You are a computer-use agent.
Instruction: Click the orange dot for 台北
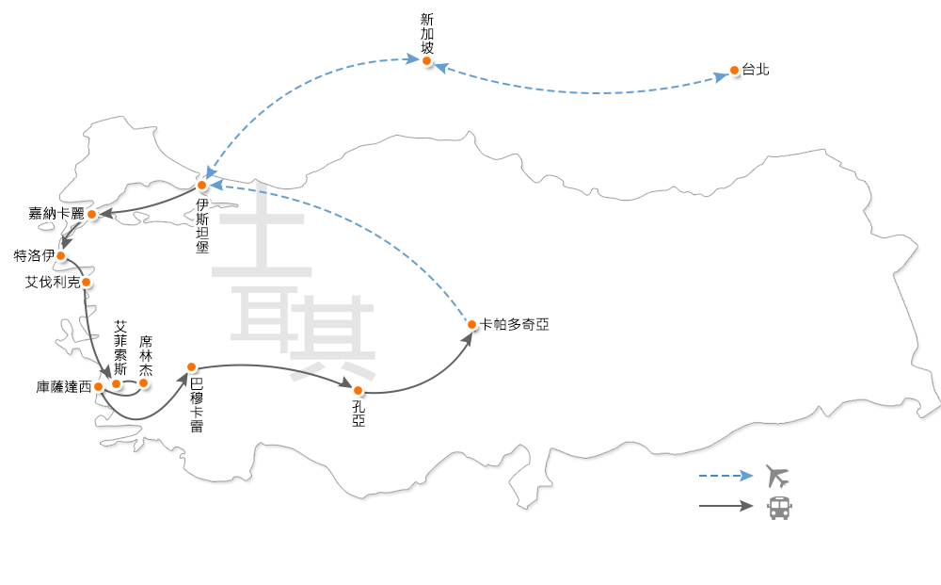734,71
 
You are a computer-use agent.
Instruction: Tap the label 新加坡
428,34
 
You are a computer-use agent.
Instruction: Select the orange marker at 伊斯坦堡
201,186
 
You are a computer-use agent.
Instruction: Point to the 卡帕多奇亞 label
514,324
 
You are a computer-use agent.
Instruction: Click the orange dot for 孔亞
358,390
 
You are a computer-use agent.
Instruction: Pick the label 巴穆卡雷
197,405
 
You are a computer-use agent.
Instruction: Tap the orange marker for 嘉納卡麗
91,215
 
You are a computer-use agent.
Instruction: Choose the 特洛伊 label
34,255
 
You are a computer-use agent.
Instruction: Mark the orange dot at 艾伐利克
86,282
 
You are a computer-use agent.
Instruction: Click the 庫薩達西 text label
64,386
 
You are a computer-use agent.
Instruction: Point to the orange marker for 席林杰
144,382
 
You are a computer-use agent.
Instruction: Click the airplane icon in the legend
777,476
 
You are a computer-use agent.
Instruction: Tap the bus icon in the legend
779,507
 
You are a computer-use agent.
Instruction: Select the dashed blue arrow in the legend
726,476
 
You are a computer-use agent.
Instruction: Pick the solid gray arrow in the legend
726,507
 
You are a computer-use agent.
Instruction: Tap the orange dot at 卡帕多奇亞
471,325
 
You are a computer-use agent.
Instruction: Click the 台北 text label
756,70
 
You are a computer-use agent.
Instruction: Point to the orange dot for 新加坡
426,61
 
